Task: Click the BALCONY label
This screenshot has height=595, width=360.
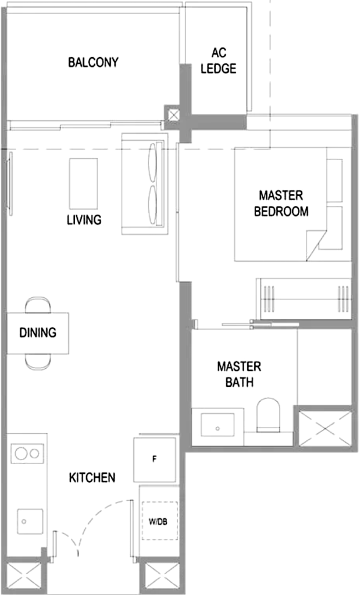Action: [x=93, y=62]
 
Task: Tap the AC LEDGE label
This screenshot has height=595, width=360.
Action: [x=219, y=60]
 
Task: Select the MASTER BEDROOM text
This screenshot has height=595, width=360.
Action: [x=281, y=204]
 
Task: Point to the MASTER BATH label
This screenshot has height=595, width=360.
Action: [x=240, y=374]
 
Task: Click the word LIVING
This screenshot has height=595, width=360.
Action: [x=84, y=220]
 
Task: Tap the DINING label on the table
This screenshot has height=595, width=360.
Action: [x=38, y=333]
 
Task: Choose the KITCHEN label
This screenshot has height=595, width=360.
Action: [x=92, y=478]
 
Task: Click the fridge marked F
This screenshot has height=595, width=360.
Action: [x=155, y=459]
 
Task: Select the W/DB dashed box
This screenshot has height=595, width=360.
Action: [x=160, y=521]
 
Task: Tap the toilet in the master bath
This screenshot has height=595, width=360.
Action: [x=269, y=415]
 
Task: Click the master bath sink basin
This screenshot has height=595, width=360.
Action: [x=218, y=425]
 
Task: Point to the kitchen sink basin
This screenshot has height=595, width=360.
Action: [x=30, y=522]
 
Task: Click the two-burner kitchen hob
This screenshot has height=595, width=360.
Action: [x=27, y=454]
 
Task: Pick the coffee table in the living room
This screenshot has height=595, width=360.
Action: [x=83, y=184]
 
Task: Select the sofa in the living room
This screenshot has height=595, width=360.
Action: [x=145, y=184]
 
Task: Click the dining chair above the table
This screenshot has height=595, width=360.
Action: [x=38, y=305]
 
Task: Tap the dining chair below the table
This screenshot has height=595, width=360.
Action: [x=38, y=362]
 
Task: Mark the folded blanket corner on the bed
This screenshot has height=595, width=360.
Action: [x=316, y=245]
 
